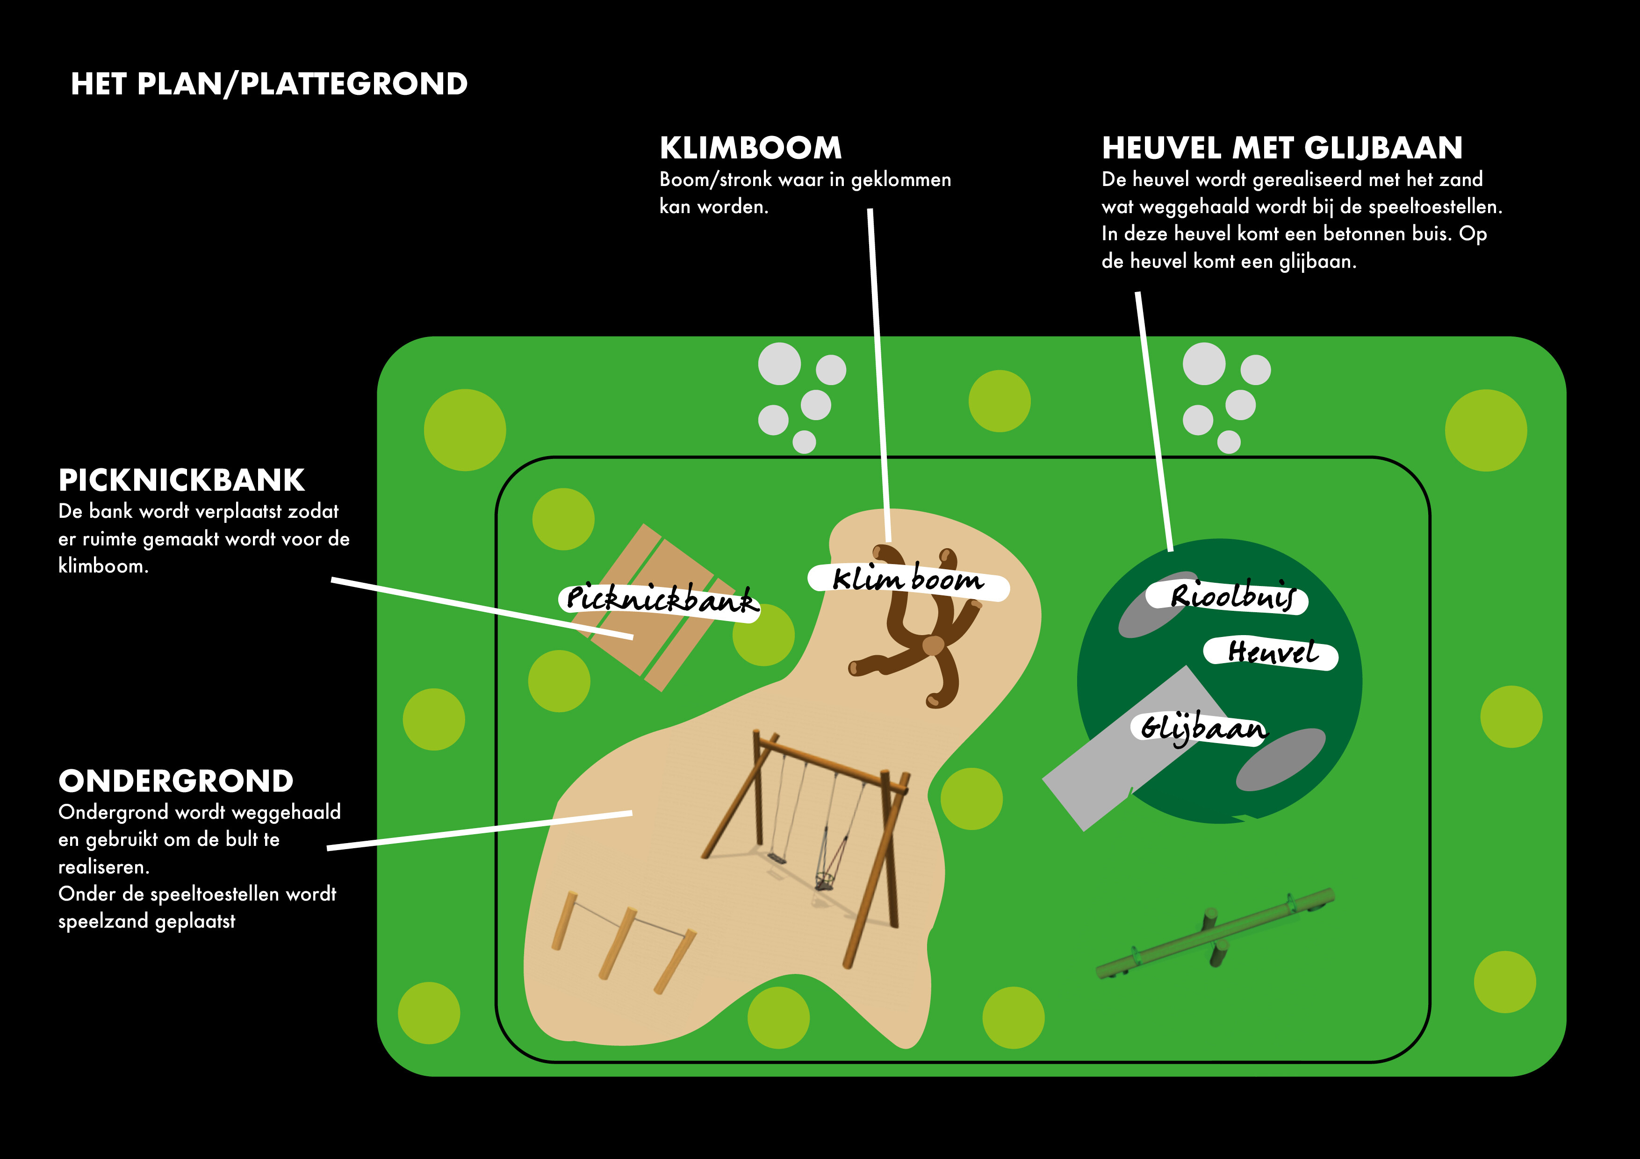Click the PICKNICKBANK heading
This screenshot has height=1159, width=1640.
pos(181,480)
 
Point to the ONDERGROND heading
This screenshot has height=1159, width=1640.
pos(176,781)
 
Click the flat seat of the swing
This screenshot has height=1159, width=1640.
pos(777,857)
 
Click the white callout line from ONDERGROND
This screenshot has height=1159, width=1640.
pos(479,830)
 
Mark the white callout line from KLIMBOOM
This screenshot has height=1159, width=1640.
pos(879,372)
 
